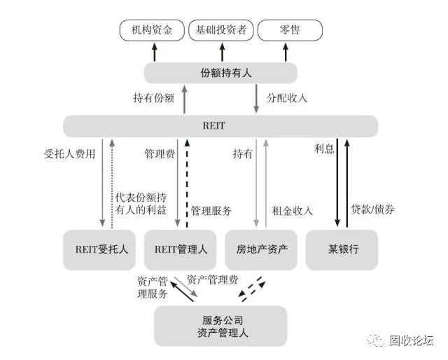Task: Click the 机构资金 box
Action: point(152,30)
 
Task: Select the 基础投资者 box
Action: point(221,30)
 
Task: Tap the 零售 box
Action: point(290,30)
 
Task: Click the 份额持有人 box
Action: point(220,73)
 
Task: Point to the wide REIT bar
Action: point(220,126)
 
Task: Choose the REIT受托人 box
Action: point(99,249)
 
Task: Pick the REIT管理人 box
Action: point(180,249)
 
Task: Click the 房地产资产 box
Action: point(261,249)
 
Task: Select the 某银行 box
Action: point(342,249)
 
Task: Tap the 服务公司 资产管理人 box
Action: point(220,326)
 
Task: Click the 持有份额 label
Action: point(154,98)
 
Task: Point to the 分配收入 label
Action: point(286,98)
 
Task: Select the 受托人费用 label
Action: point(69,154)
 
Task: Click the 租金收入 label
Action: point(293,211)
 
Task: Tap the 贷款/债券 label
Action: point(372,209)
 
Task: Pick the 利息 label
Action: point(324,148)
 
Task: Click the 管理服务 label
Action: point(211,211)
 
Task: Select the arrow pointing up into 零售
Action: point(286,52)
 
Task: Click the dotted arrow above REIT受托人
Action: point(112,184)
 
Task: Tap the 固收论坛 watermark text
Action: point(412,340)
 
